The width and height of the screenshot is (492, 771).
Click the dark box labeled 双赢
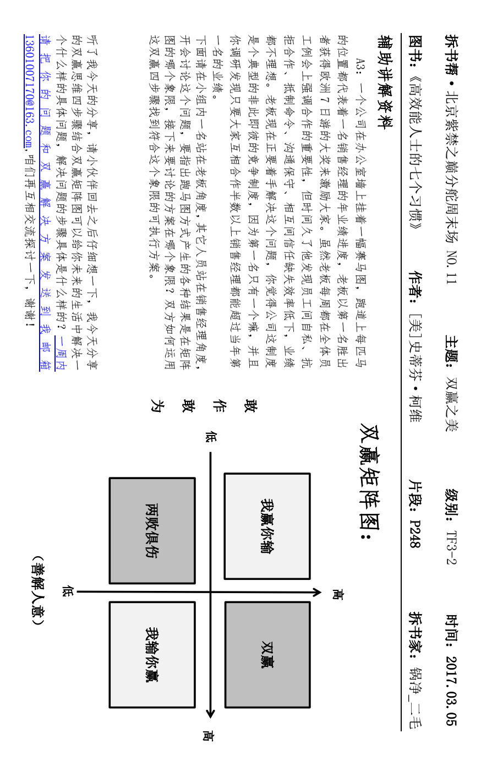click(267, 654)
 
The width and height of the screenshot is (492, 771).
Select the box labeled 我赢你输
click(267, 526)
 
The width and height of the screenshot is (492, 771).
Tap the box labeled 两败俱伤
click(152, 530)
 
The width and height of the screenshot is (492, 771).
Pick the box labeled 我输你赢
click(152, 654)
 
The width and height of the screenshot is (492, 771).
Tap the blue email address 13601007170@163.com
click(29, 91)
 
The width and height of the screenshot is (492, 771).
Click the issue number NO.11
click(451, 267)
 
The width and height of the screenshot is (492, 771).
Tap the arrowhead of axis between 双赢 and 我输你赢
click(210, 713)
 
